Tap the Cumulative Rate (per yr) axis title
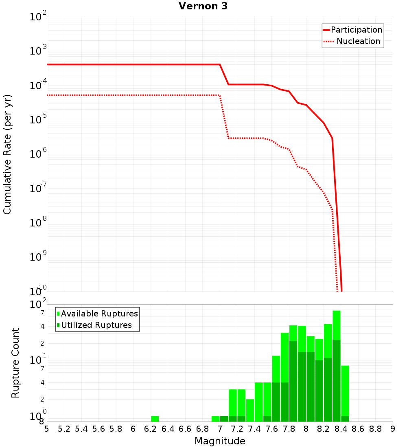7,154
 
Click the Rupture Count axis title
15,363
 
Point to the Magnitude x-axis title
220,441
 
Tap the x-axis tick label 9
393,429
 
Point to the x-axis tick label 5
47,429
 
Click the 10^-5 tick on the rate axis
38,120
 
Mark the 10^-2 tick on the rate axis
38,17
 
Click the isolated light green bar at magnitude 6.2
155,419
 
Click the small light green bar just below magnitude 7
215,419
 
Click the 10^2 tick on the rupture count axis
38,305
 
